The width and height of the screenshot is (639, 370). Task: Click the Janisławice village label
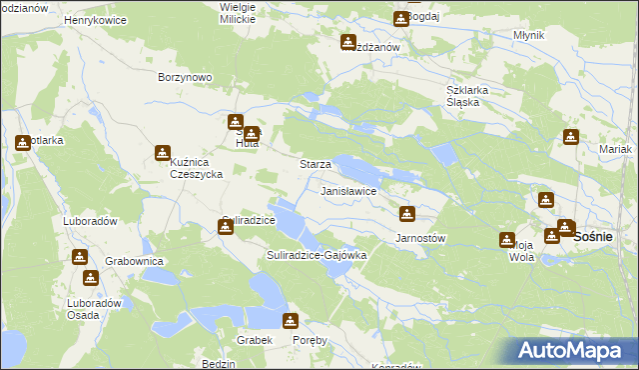(x=347, y=189)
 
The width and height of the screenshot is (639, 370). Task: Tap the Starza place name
(x=316, y=164)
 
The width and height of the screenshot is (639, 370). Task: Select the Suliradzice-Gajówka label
(x=318, y=255)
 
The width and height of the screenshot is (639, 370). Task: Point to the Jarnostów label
(x=420, y=238)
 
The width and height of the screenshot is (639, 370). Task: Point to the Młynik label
(x=527, y=35)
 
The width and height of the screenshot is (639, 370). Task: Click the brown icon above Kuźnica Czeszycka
(x=162, y=153)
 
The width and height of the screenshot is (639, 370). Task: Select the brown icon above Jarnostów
(x=406, y=213)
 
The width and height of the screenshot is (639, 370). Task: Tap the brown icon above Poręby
(x=290, y=321)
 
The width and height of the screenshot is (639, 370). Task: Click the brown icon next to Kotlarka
(x=22, y=142)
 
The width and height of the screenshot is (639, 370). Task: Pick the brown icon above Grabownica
(x=79, y=257)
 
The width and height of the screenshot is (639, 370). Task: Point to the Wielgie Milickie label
(x=238, y=13)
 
